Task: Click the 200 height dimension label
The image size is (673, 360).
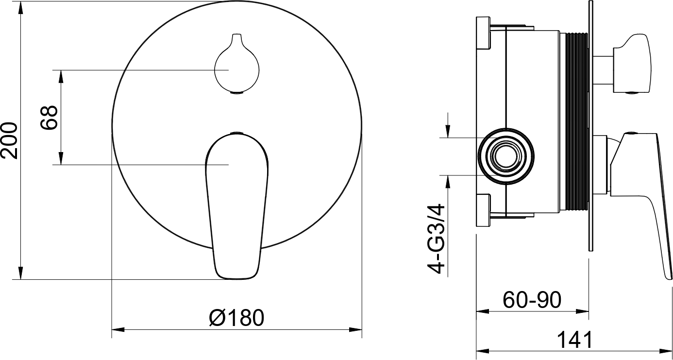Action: click(x=9, y=140)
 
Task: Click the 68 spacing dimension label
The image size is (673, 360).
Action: click(x=49, y=118)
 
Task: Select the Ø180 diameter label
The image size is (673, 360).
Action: click(x=237, y=318)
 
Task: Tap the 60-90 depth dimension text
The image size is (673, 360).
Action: click(x=532, y=300)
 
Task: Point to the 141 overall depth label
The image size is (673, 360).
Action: click(x=575, y=340)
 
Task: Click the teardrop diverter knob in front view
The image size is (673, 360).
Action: click(x=236, y=64)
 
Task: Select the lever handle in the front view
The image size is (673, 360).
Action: click(x=236, y=206)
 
